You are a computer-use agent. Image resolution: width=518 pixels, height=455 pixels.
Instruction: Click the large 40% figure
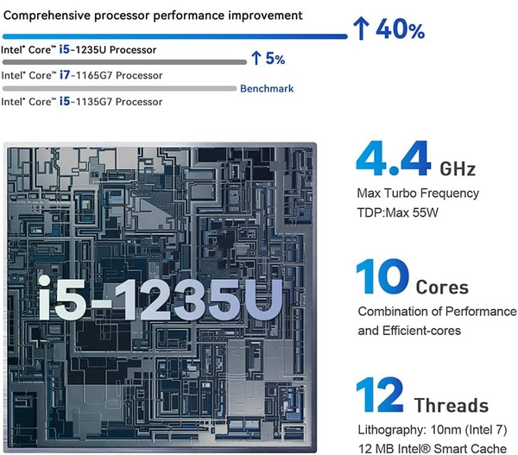click(400, 31)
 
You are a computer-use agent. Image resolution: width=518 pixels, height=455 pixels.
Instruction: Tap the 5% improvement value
click(275, 59)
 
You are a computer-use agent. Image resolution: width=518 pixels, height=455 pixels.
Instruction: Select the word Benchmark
click(267, 88)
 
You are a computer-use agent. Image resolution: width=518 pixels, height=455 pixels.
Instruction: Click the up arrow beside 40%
click(362, 30)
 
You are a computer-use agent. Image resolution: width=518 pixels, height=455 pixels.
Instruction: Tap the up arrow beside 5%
click(256, 59)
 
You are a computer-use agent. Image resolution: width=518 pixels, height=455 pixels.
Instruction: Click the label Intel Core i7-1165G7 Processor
click(82, 75)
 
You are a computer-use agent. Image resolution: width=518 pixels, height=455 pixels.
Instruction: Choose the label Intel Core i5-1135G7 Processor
click(82, 102)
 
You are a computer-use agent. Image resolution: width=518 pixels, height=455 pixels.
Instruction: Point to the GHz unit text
click(458, 167)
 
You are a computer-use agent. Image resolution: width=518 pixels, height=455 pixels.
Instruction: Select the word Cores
click(442, 288)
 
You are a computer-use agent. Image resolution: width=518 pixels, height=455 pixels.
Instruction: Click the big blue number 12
click(380, 396)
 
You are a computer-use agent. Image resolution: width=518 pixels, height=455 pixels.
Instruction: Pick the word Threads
click(451, 405)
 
